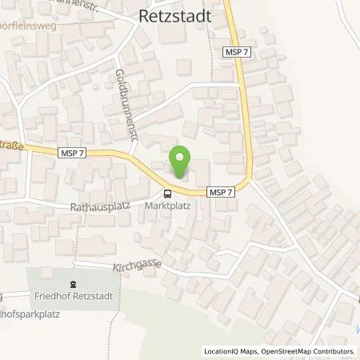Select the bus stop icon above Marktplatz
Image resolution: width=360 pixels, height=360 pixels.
point(167,193)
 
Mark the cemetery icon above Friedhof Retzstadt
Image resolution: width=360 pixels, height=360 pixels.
point(74,285)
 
